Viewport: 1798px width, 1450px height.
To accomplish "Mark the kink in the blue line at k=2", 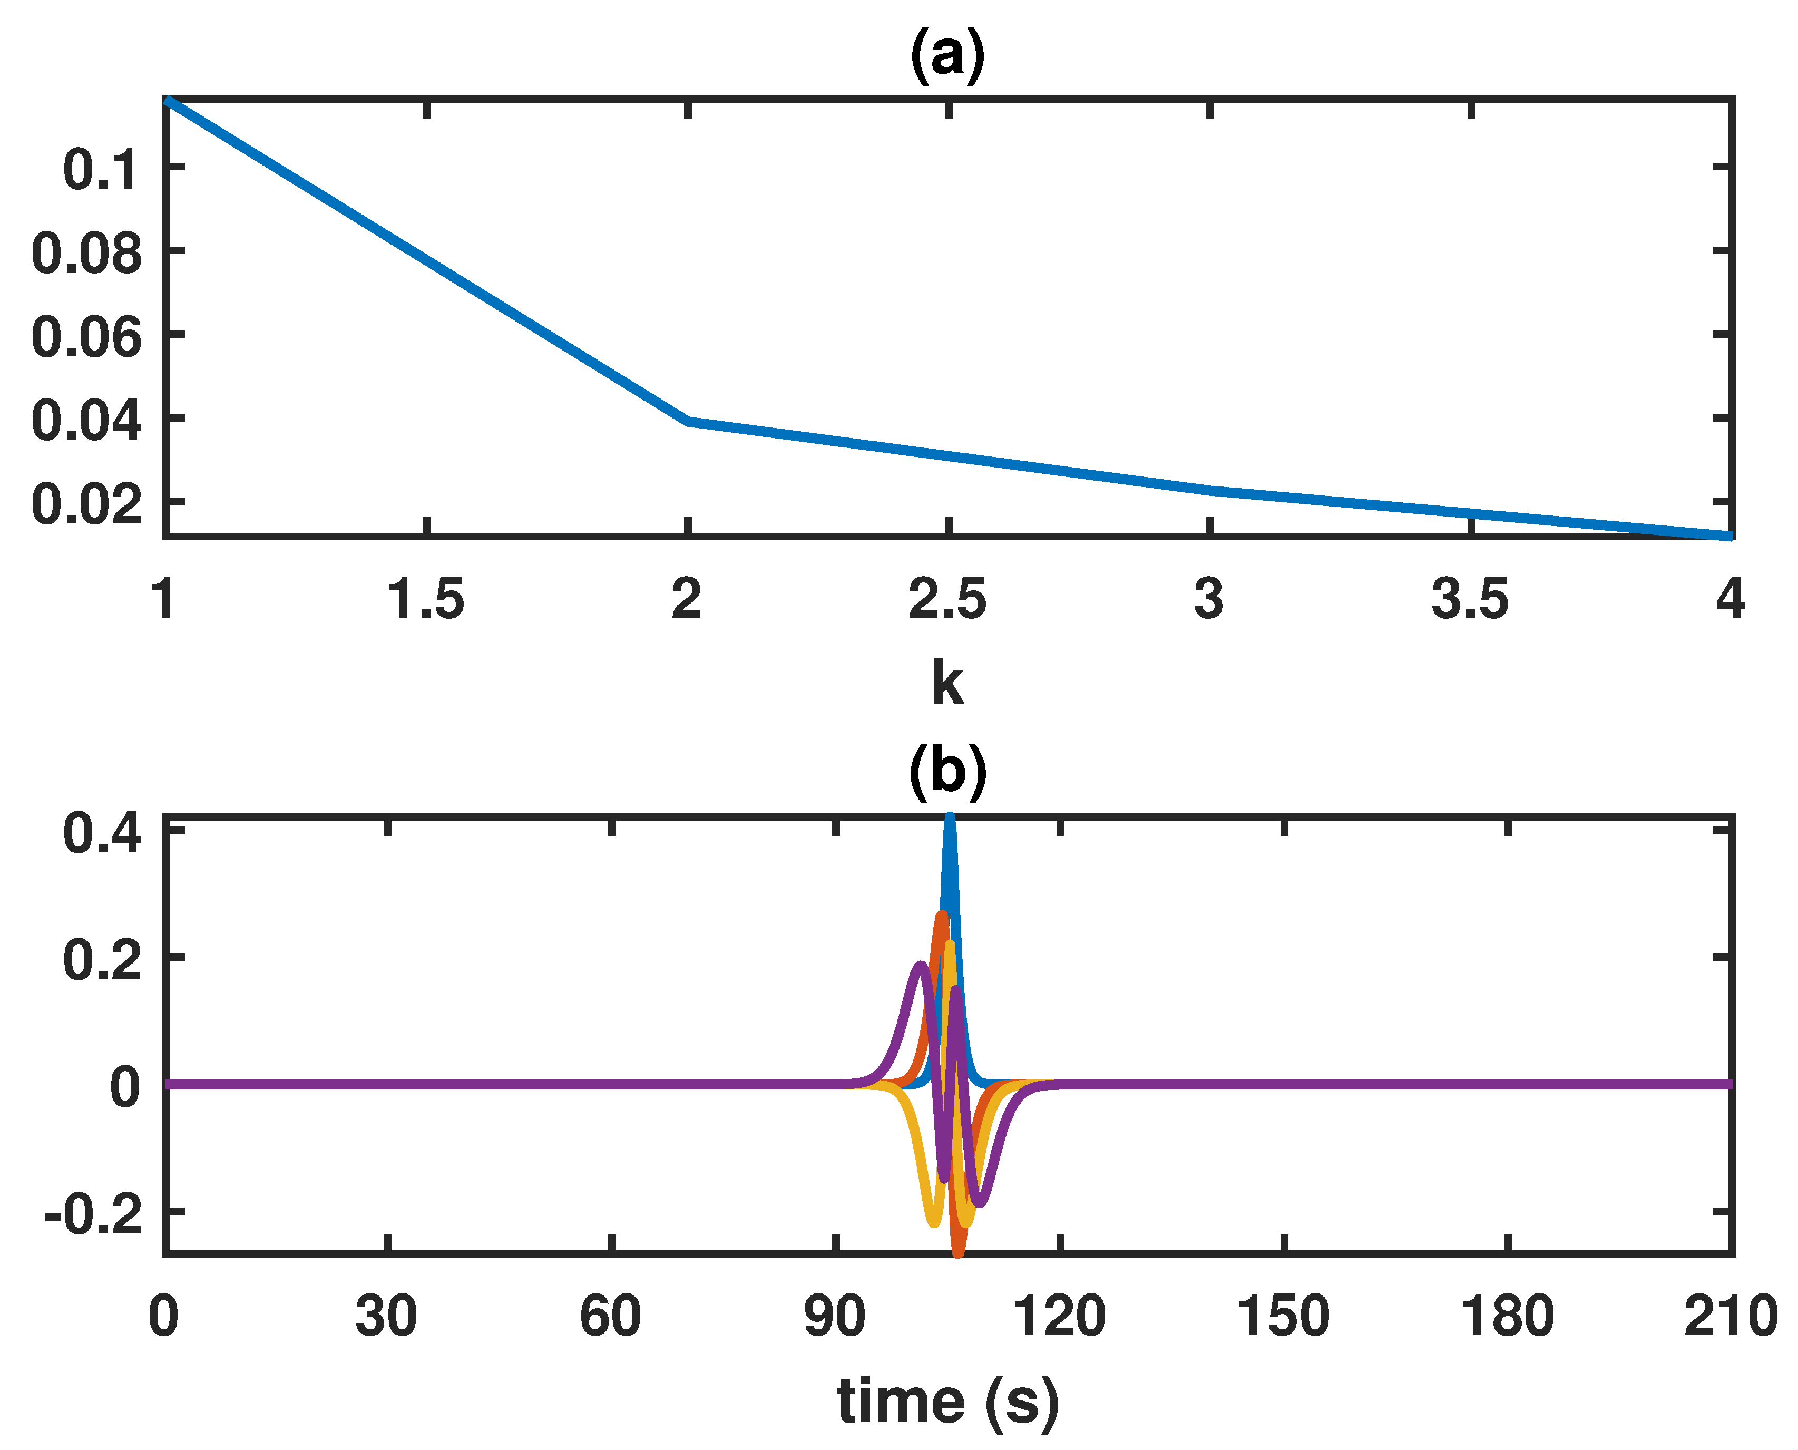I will coord(687,421).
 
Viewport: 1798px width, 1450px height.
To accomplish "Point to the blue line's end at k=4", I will coord(1728,536).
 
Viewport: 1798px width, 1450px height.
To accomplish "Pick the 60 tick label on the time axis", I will coord(610,1316).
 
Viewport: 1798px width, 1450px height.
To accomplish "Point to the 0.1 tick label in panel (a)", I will coord(100,170).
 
